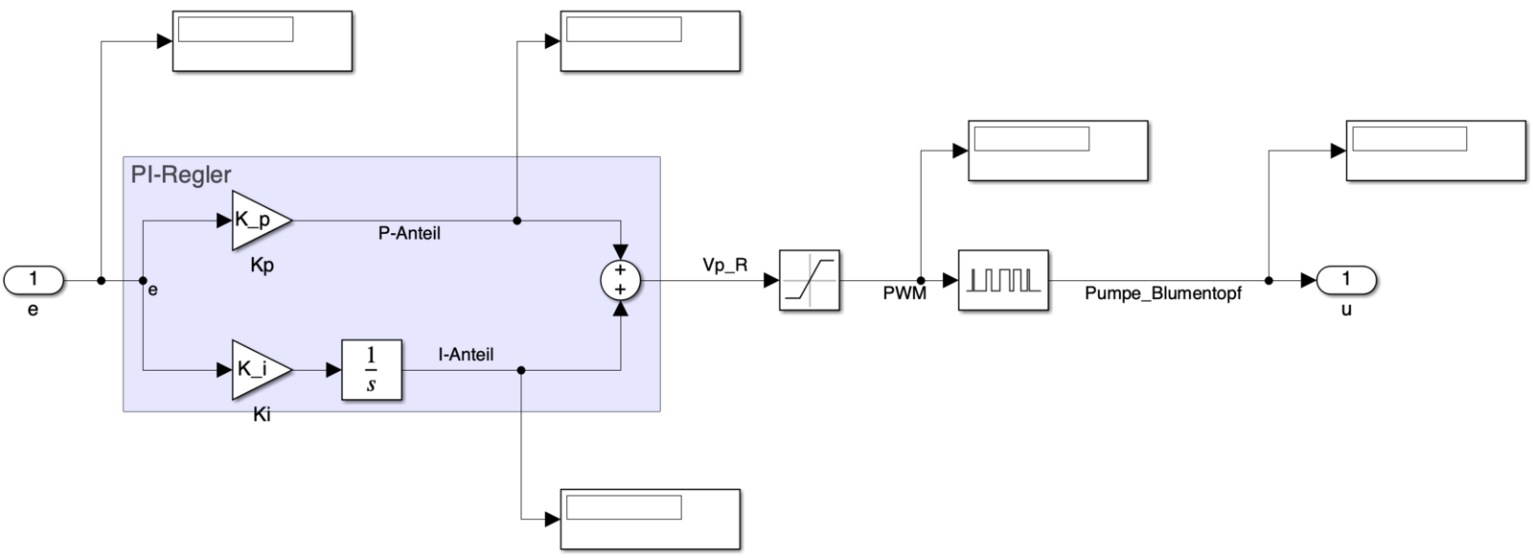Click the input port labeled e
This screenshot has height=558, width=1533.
pyautogui.click(x=34, y=280)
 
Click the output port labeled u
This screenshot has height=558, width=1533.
pyautogui.click(x=1345, y=280)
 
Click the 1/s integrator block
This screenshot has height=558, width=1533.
pyautogui.click(x=372, y=369)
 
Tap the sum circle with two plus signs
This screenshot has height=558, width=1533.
pyautogui.click(x=620, y=280)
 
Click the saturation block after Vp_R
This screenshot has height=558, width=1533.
pyautogui.click(x=809, y=280)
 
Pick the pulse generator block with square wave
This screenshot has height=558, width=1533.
pyautogui.click(x=1003, y=280)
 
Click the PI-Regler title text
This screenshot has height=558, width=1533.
pyautogui.click(x=181, y=175)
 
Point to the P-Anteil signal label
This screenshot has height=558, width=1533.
pyautogui.click(x=409, y=234)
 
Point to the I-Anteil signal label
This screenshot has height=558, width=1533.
pyautogui.click(x=466, y=355)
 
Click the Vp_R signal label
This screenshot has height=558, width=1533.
pyautogui.click(x=724, y=266)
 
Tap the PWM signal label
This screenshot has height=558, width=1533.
pyautogui.click(x=904, y=294)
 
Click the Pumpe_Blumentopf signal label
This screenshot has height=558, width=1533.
pyautogui.click(x=1162, y=294)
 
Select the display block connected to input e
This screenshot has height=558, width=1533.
pyautogui.click(x=262, y=41)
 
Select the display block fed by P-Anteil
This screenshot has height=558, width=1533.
pyautogui.click(x=650, y=41)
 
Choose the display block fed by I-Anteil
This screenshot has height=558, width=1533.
pyautogui.click(x=650, y=519)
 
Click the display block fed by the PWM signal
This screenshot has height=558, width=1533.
pyautogui.click(x=1058, y=151)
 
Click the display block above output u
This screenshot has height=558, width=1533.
pyautogui.click(x=1435, y=151)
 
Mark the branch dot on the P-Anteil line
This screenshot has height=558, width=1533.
pyautogui.click(x=517, y=221)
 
